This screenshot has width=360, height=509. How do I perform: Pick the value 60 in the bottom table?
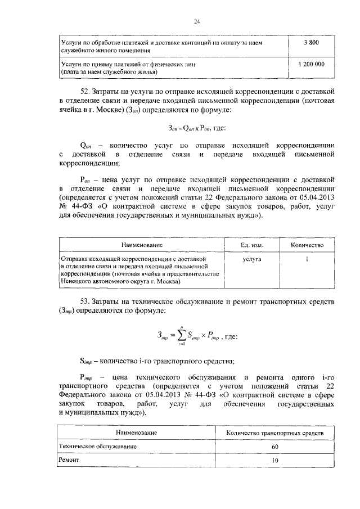point(274,446)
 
